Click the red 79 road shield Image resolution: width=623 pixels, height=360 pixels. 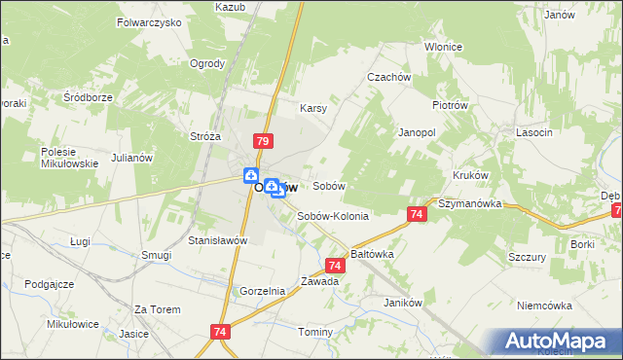pos(262,142)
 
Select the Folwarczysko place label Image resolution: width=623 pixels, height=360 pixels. pos(149,20)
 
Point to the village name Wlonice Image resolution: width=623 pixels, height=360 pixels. pos(443,47)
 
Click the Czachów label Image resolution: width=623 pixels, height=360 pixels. pos(385,77)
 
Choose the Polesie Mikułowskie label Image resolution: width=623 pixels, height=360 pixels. pos(69,158)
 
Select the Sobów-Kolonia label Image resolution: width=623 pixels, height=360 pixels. pos(333,216)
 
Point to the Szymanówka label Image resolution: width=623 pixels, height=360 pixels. pos(469,204)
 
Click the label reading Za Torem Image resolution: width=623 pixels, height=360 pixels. pos(158,309)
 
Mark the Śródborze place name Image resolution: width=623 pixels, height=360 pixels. pos(89,97)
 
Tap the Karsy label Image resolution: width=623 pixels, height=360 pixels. pos(312,108)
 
